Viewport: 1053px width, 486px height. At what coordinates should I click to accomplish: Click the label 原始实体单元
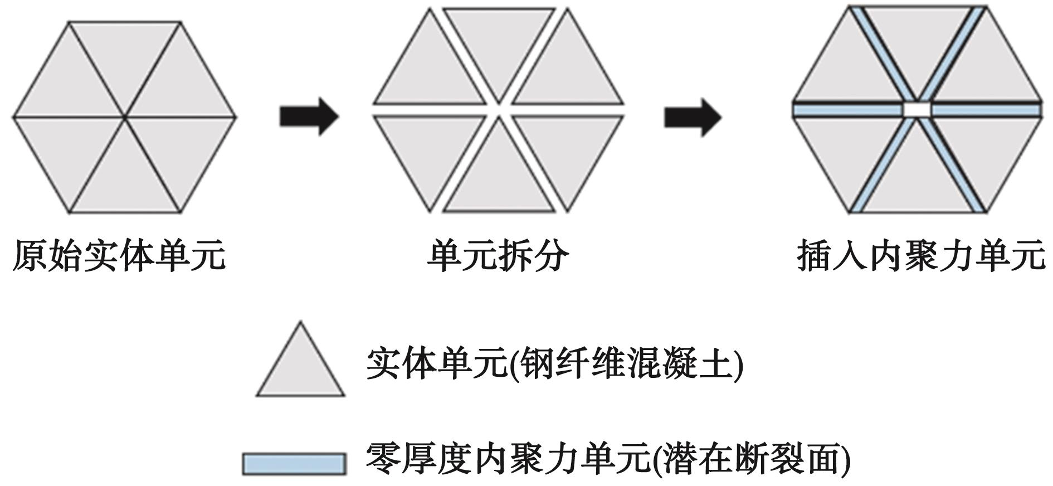click(x=119, y=256)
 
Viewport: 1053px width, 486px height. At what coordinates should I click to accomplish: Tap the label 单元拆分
click(x=498, y=256)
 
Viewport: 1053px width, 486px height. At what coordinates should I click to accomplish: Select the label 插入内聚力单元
click(x=920, y=256)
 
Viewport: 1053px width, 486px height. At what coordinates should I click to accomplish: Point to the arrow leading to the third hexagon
click(x=693, y=117)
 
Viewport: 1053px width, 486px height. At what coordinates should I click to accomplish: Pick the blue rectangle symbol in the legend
click(x=294, y=463)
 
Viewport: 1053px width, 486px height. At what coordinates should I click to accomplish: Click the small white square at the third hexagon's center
click(x=916, y=109)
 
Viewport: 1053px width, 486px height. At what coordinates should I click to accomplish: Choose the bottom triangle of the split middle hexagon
click(x=499, y=184)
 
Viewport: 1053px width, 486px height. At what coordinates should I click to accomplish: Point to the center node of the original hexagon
click(x=125, y=117)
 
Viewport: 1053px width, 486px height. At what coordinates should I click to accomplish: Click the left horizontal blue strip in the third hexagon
click(x=847, y=110)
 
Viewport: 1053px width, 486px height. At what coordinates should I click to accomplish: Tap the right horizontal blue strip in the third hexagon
click(x=985, y=110)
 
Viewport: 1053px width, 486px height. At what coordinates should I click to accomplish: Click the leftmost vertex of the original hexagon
click(x=13, y=117)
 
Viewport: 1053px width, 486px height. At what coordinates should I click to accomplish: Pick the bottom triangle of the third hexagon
click(x=916, y=178)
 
